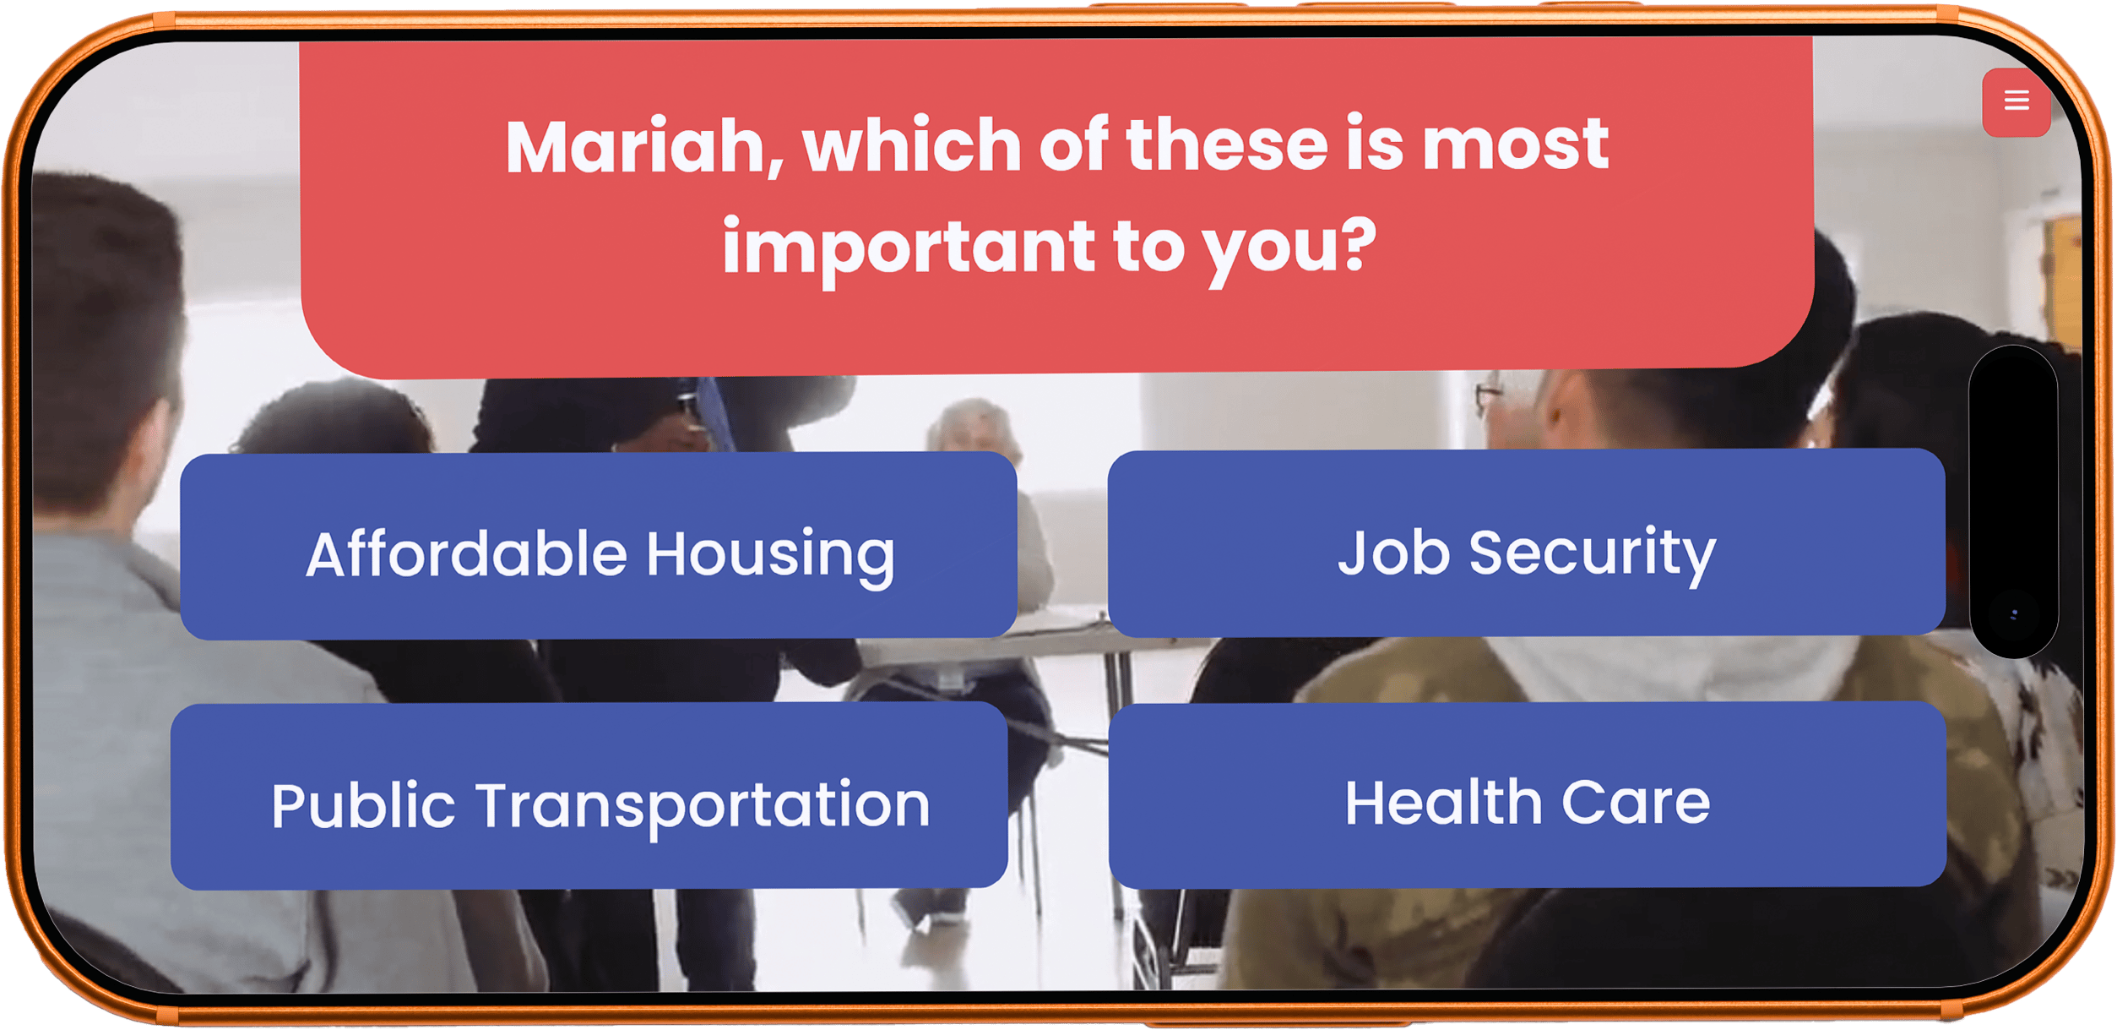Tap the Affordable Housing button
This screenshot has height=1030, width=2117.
(598, 545)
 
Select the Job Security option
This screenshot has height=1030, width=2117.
(1527, 542)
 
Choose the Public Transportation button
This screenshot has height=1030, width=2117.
(589, 796)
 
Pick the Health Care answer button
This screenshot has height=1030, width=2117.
(1528, 794)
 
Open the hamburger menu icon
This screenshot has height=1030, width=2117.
(2017, 101)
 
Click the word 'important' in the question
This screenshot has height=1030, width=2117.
(909, 248)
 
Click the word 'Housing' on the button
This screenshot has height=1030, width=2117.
(770, 555)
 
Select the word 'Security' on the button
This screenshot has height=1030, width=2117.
(1593, 553)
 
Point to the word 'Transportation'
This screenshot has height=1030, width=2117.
(703, 806)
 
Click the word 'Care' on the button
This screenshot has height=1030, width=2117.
(1636, 802)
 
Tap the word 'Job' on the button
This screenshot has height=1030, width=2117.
(1394, 552)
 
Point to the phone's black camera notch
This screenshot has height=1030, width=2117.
(2014, 501)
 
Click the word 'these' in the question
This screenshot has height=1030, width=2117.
(1227, 144)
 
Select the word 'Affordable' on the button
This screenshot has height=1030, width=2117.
(467, 554)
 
